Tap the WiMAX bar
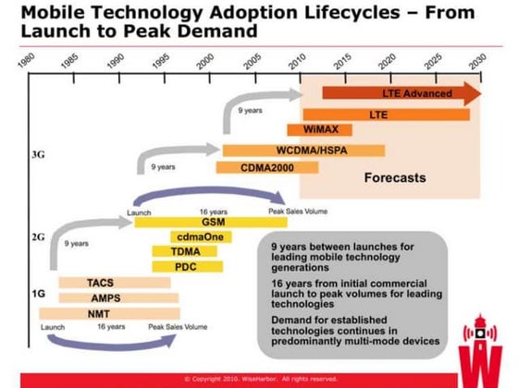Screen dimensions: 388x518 tap(319, 130)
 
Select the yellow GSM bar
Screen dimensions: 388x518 tap(209, 223)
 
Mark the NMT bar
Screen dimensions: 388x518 tap(109, 314)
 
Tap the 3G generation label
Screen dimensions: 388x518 tap(39, 156)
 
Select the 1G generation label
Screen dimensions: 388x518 tap(39, 293)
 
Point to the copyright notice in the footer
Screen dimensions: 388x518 tap(258, 378)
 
